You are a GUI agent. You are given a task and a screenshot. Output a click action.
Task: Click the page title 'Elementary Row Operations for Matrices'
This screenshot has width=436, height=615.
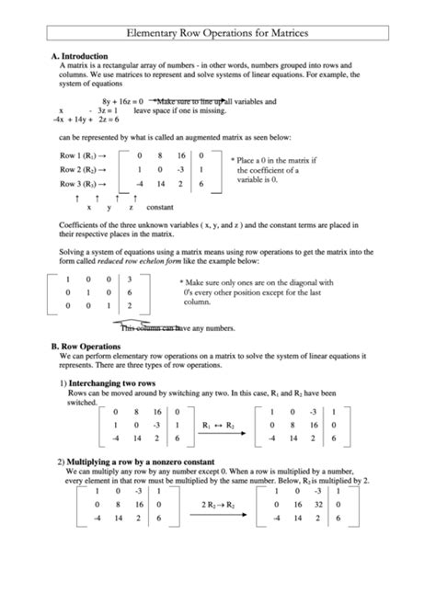pos(217,32)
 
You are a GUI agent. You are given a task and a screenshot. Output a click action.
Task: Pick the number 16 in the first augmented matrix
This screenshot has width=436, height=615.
pos(179,155)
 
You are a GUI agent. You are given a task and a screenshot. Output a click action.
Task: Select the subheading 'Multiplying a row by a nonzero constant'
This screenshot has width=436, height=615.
pos(141,461)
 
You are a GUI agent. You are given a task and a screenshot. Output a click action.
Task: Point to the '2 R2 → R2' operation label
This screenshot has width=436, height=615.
pos(217,505)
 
